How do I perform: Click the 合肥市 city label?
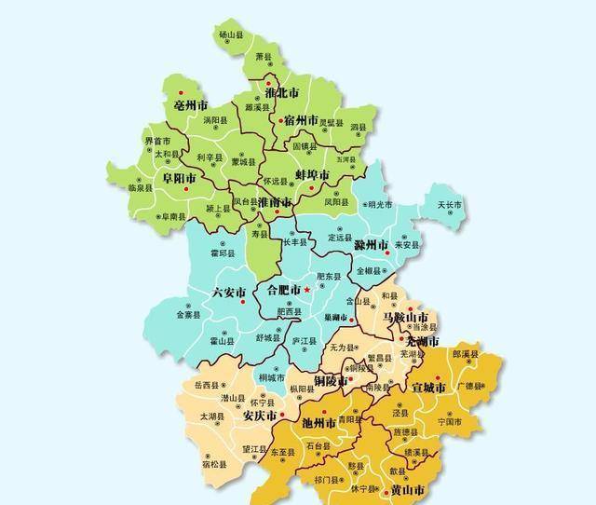pyautogui.click(x=284, y=291)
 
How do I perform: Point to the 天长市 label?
pyautogui.click(x=449, y=205)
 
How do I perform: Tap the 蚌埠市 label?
pyautogui.click(x=312, y=175)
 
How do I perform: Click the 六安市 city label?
pyautogui.click(x=230, y=292)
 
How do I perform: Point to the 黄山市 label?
pyautogui.click(x=407, y=490)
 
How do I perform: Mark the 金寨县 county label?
pyautogui.click(x=189, y=315)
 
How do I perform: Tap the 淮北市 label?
pyautogui.click(x=281, y=93)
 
